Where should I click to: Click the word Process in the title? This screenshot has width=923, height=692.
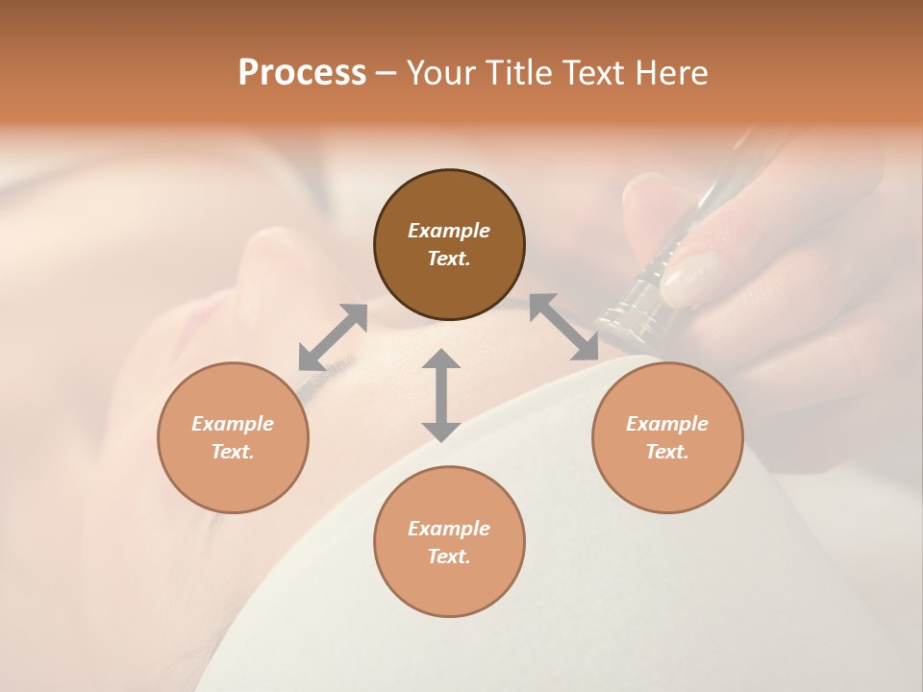(x=302, y=73)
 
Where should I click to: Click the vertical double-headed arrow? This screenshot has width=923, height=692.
(x=441, y=395)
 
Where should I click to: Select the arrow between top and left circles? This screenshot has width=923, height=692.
(x=333, y=337)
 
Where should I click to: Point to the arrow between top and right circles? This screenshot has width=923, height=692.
(x=563, y=327)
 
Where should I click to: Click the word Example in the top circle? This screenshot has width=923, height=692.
(x=449, y=231)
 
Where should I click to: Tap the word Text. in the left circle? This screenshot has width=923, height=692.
(x=233, y=452)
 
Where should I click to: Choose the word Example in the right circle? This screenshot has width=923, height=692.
(x=667, y=424)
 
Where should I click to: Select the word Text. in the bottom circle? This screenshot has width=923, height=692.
(x=449, y=556)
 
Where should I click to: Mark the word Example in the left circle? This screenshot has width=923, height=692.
(x=233, y=424)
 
